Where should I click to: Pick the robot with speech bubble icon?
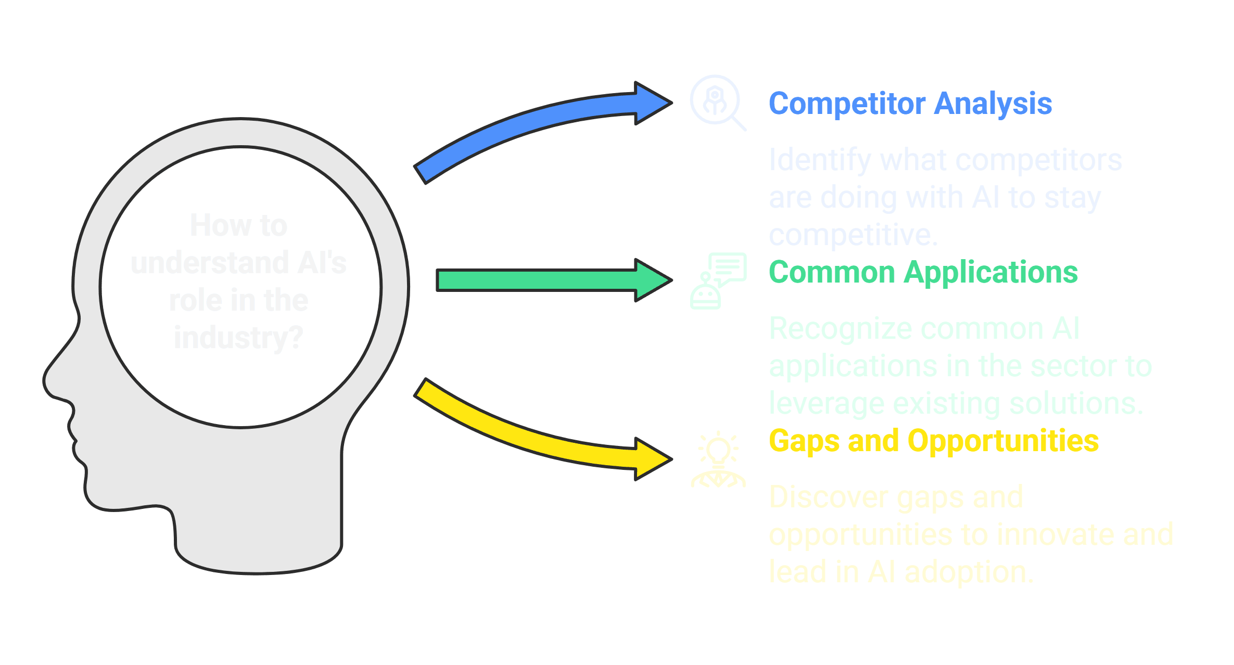[x=717, y=281]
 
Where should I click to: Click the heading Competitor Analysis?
[x=910, y=104]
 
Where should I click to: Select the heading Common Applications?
[x=923, y=272]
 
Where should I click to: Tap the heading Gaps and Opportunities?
[x=934, y=441]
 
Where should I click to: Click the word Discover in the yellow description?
[x=828, y=497]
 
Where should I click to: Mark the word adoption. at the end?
[x=969, y=572]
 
